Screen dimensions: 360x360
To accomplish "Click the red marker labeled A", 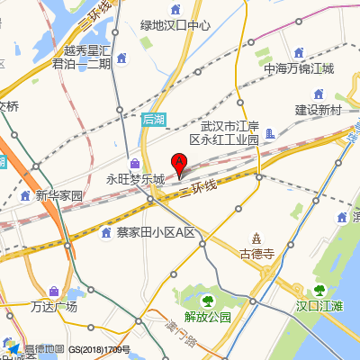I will (179, 165).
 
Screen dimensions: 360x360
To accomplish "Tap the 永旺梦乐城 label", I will (136, 179).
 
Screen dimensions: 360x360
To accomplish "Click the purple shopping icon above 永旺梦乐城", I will (135, 164).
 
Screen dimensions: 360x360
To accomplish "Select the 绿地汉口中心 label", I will (176, 25).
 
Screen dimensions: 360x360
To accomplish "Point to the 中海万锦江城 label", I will (299, 68).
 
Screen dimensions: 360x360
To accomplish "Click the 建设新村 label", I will (319, 110).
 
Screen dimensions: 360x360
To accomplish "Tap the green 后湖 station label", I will (154, 119).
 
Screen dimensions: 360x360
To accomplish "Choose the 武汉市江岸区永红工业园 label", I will (229, 132).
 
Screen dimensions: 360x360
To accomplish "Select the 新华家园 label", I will (59, 195).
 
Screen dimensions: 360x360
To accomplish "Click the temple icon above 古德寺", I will (256, 238).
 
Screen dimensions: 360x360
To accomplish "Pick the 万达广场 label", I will (54, 307).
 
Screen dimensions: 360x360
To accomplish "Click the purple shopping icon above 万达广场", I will (54, 292).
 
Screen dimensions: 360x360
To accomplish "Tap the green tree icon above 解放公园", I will (207, 301).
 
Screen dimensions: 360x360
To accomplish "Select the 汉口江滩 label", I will (320, 306).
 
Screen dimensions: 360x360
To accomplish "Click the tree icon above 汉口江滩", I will (319, 290).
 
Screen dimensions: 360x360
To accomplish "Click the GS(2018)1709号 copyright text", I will (99, 349).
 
